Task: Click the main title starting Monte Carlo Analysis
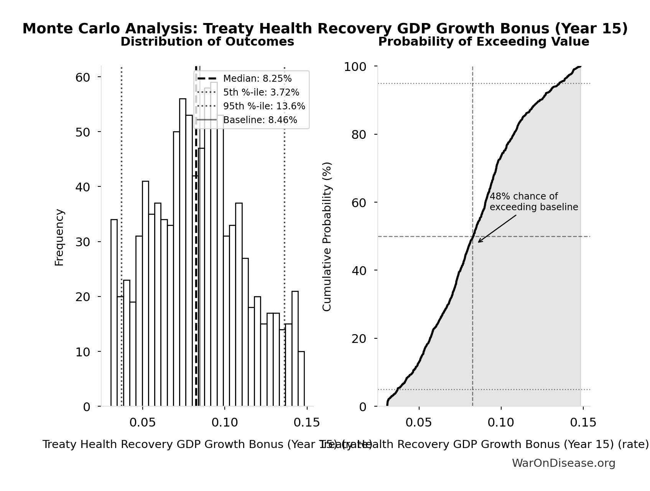click(325, 29)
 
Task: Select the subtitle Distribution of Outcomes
click(207, 42)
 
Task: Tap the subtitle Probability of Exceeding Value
click(484, 42)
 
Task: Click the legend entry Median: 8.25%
click(257, 79)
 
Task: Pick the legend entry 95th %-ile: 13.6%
click(264, 106)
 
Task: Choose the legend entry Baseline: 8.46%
click(260, 120)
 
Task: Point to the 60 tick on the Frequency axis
click(82, 77)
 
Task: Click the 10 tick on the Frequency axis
click(82, 352)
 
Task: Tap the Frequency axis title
click(59, 237)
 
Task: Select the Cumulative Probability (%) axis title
click(327, 236)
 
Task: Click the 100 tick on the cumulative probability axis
click(355, 67)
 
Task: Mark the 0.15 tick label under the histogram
click(307, 423)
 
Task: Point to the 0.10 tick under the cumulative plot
click(501, 423)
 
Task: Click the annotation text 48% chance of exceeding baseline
click(533, 202)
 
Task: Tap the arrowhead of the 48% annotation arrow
click(479, 242)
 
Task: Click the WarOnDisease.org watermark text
click(563, 463)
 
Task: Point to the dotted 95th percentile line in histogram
click(285, 230)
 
